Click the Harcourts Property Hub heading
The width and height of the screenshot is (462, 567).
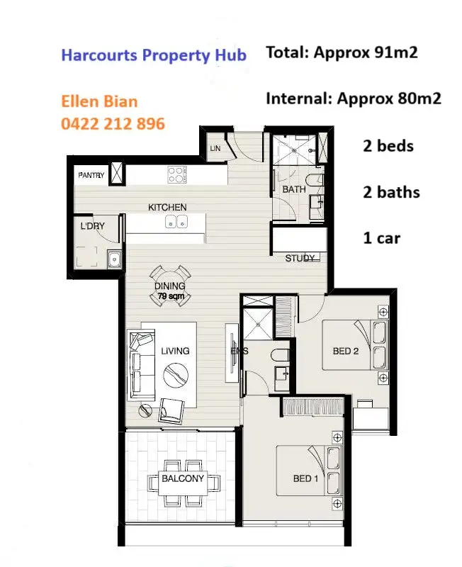tap(154, 55)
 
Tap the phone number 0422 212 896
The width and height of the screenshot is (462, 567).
tap(113, 124)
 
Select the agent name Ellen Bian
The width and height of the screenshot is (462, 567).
tap(101, 101)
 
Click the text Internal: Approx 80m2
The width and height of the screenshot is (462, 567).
tap(353, 98)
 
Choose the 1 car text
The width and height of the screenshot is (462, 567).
tap(381, 237)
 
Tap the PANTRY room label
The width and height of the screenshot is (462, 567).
tap(91, 175)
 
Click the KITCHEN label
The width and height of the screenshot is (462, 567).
tap(167, 207)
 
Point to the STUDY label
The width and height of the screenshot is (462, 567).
tap(300, 258)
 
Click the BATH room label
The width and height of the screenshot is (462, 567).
tap(294, 190)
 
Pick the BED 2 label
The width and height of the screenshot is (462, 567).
tap(346, 351)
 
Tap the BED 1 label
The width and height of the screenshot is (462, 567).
tap(306, 479)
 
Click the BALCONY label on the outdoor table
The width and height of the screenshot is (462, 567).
tap(183, 479)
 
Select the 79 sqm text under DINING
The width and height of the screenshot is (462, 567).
tap(170, 296)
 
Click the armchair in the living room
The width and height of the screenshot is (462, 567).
tap(172, 410)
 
